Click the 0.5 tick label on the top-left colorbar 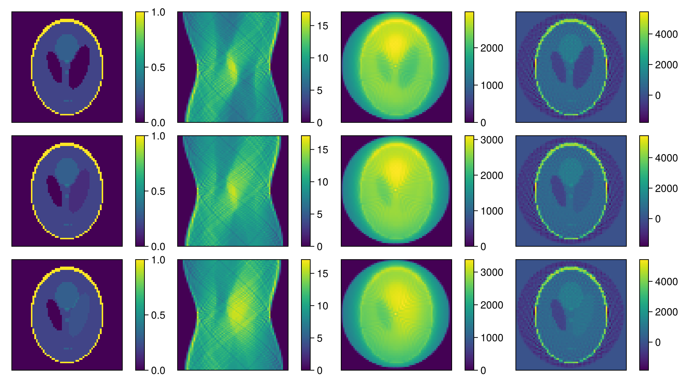(158, 67)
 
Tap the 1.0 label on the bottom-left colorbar (158, 260)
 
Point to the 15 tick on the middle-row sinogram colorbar (322, 150)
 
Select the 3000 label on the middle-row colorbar (492, 140)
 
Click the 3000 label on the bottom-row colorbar (492, 272)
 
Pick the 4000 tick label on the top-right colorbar (666, 34)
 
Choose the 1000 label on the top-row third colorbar (492, 86)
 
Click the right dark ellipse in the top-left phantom (79, 67)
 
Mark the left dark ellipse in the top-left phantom (54, 67)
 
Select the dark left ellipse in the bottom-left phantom (54, 314)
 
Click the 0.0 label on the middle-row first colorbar (158, 246)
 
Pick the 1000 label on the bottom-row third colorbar (492, 338)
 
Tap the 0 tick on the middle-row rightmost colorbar (658, 219)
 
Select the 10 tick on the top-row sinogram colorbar (322, 58)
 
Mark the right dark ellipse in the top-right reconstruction (583, 67)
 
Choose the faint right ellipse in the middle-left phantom (79, 191)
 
